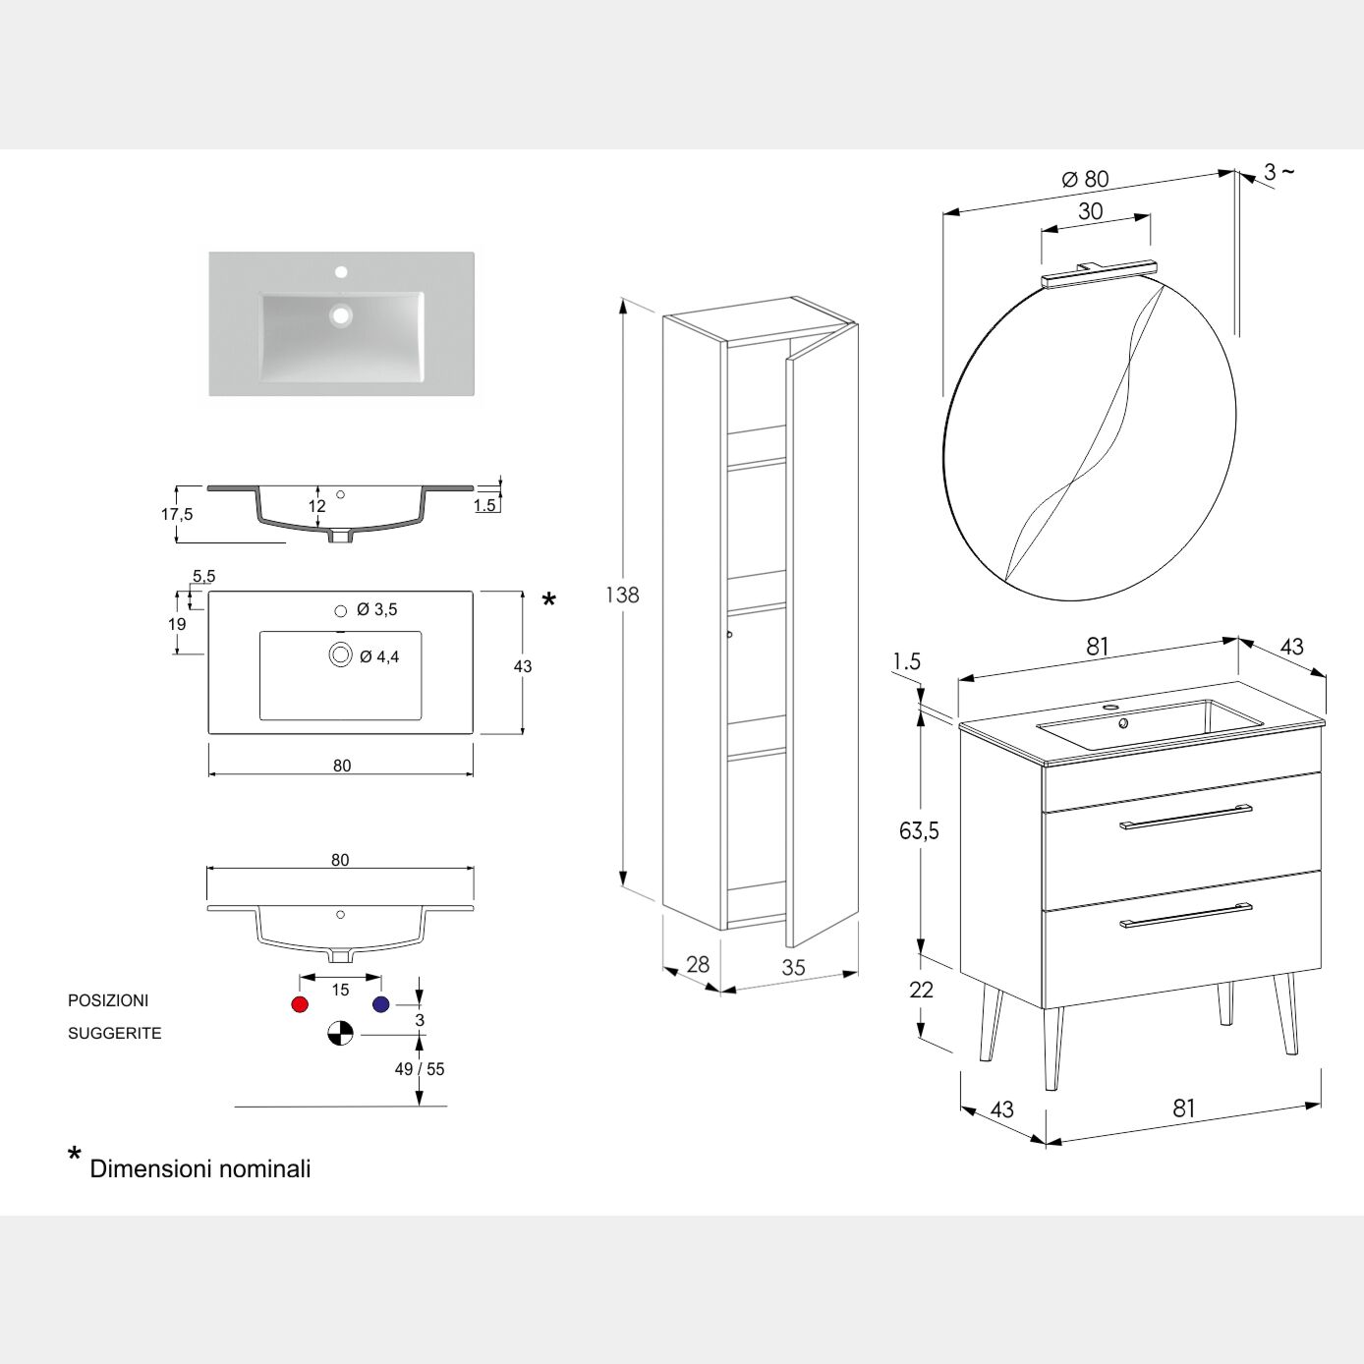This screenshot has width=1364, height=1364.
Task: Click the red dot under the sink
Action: (301, 1004)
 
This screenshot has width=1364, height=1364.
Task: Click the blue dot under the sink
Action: (381, 1004)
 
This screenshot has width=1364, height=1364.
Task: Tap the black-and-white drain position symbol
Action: (340, 1034)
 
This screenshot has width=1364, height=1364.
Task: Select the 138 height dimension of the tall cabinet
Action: (622, 595)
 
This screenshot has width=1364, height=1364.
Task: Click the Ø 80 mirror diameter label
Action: (1085, 179)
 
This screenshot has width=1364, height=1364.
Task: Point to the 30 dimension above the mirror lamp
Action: (1091, 211)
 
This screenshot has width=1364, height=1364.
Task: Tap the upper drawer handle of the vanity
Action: (1186, 817)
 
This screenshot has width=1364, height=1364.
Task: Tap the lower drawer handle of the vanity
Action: (1186, 915)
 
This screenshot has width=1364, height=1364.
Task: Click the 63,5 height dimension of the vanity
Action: (919, 831)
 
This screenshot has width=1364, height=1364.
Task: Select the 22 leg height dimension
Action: (921, 990)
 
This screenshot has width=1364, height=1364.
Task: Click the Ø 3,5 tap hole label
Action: (377, 610)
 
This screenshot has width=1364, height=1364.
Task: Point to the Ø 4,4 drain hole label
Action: (379, 656)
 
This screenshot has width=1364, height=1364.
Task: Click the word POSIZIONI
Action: (108, 1000)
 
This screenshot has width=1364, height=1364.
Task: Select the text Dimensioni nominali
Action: (200, 1168)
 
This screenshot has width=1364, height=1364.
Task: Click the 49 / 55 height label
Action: (420, 1069)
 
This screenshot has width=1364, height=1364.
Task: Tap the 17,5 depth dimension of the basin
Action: (177, 514)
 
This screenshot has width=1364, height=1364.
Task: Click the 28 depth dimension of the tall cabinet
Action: (698, 964)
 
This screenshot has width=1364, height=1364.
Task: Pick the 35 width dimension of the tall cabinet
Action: (793, 968)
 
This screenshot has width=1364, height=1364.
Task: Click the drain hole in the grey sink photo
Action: (341, 315)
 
